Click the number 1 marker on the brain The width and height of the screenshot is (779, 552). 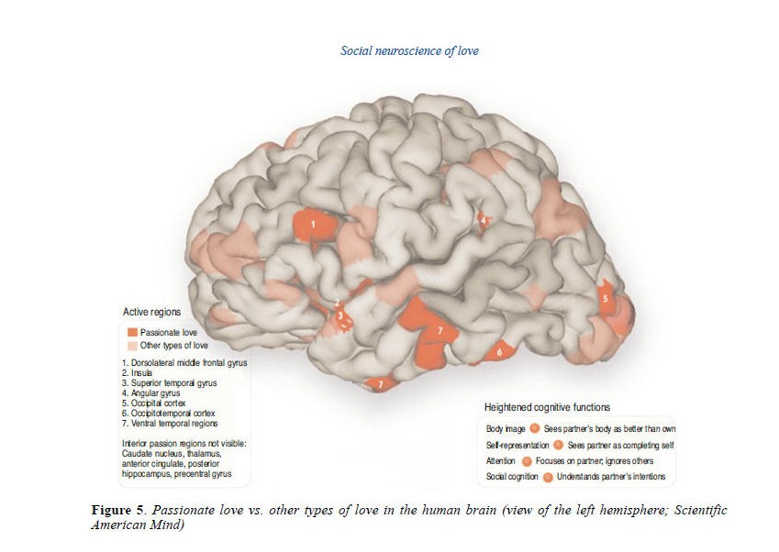point(313,223)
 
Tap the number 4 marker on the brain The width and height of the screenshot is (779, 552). point(483,220)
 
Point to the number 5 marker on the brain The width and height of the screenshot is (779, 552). point(605,298)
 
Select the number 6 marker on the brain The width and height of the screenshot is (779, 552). point(499,351)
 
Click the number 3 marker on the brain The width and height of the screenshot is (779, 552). point(340,316)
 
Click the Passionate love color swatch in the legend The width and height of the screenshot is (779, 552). point(132,331)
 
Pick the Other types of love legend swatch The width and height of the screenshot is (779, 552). point(132,346)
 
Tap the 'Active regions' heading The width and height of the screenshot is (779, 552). point(151,312)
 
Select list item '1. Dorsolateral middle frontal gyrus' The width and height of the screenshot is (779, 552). point(184,363)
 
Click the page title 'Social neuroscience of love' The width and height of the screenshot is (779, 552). point(408,51)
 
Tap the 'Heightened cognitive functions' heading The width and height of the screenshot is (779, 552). point(547,407)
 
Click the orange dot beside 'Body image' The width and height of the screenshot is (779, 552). point(535,428)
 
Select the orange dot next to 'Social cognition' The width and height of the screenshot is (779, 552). point(548,478)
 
